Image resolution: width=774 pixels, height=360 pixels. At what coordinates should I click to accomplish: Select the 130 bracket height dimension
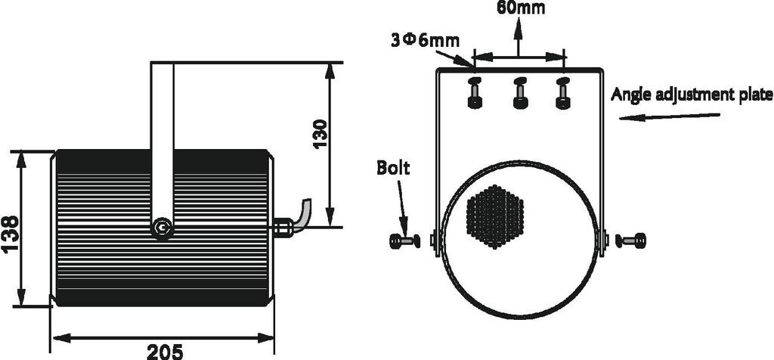[x=320, y=134]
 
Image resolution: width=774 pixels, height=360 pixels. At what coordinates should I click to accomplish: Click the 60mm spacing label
[x=520, y=8]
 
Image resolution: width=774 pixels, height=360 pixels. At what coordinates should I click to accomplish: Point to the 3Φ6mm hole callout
[x=425, y=39]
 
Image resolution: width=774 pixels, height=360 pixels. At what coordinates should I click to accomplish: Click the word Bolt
[x=393, y=168]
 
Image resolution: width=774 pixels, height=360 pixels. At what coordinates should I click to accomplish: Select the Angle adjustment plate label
[x=691, y=95]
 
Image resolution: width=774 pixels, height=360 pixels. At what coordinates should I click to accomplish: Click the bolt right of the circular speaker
[x=631, y=241]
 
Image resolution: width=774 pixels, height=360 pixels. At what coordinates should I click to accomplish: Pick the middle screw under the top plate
[x=519, y=92]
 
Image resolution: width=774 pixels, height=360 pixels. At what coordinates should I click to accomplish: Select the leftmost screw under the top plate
[x=474, y=92]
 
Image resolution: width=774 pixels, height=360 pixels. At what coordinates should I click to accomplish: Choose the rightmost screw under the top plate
[x=562, y=92]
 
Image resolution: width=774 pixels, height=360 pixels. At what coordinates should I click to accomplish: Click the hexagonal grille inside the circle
[x=495, y=216]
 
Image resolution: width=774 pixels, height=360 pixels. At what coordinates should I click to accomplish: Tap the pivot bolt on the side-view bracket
[x=161, y=227]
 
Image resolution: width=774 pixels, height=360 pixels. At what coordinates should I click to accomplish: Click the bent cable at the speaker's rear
[x=302, y=216]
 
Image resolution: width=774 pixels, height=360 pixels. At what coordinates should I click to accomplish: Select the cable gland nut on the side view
[x=283, y=227]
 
